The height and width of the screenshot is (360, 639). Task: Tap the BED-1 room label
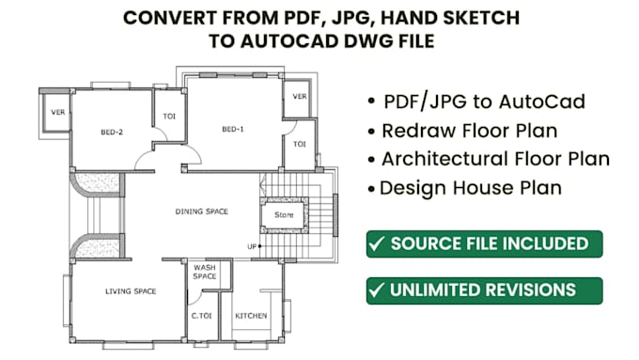click(233, 129)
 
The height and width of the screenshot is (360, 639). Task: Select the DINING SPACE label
click(202, 211)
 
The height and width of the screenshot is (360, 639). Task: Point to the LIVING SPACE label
click(129, 293)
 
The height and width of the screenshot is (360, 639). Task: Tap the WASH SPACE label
click(204, 273)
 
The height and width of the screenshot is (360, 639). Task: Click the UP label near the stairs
click(251, 246)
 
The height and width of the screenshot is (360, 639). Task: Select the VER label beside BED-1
click(300, 97)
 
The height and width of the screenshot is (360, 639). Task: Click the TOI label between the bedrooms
click(170, 117)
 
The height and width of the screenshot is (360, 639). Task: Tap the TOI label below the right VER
click(300, 144)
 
